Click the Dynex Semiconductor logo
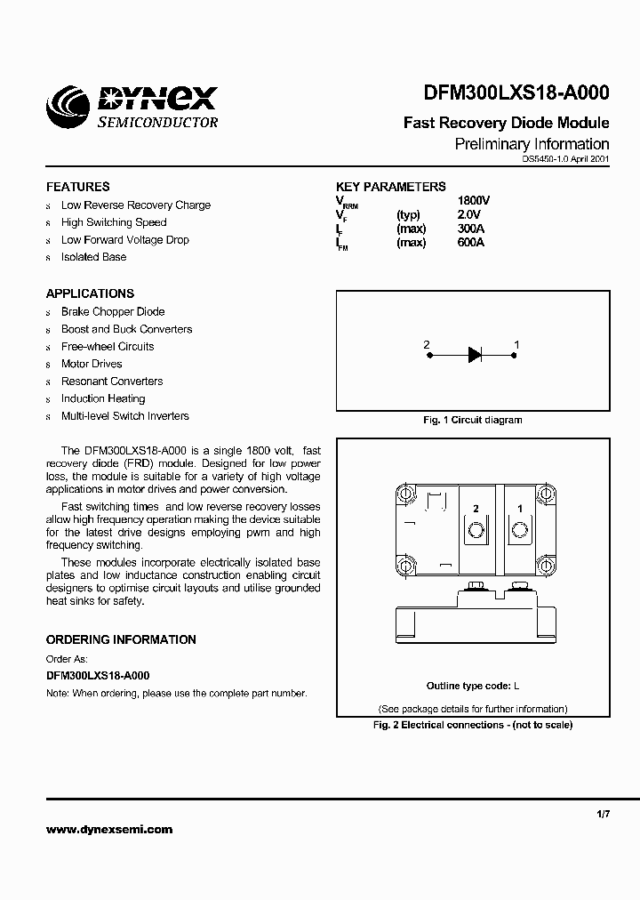point(133,108)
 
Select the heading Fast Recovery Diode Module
point(506,123)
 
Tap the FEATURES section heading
point(78,187)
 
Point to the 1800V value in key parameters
point(473,201)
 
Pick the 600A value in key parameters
point(470,243)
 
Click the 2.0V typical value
point(468,215)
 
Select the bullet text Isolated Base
point(93,257)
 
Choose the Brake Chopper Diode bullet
point(113,312)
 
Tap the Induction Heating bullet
point(103,398)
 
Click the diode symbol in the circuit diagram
point(474,355)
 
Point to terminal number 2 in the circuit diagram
point(427,344)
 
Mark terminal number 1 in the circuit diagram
point(516,344)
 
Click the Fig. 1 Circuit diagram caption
point(472,420)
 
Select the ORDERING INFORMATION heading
point(121,639)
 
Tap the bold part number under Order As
point(98,676)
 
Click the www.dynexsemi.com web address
point(109,829)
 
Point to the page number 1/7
point(604,814)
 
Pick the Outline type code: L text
point(473,686)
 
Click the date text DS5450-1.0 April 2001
point(565,159)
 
